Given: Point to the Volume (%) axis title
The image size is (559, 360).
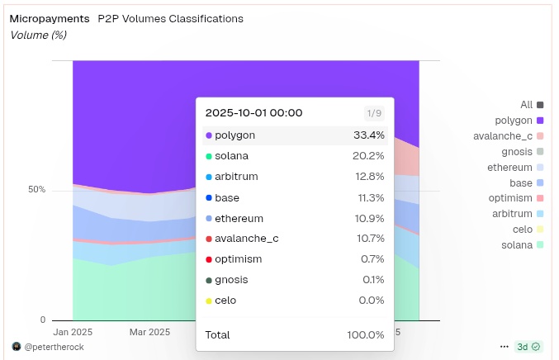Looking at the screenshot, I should click(x=38, y=36).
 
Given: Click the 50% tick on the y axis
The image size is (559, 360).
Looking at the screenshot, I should click(x=36, y=190).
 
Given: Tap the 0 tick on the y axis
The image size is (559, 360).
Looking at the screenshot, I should click(x=42, y=320).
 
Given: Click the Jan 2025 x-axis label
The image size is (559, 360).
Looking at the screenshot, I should click(x=73, y=332).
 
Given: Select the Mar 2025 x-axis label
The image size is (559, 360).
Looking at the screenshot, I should click(x=149, y=332).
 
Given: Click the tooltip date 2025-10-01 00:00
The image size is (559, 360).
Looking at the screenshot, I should click(x=253, y=113).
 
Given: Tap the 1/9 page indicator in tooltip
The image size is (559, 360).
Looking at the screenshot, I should click(x=374, y=113).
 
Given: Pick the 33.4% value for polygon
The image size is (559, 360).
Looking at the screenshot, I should click(x=368, y=135).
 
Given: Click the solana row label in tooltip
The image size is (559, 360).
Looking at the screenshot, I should click(x=231, y=155).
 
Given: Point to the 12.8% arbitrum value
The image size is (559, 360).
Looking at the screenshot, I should click(x=368, y=176).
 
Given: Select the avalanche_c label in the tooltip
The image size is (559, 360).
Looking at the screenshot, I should click(x=246, y=239).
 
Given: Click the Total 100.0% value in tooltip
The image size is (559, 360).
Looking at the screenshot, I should click(x=365, y=334).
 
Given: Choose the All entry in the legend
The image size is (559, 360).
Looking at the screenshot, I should click(x=526, y=105).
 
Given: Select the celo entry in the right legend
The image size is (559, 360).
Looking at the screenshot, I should click(x=522, y=230).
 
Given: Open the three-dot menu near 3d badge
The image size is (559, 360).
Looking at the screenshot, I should click(x=504, y=347).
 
